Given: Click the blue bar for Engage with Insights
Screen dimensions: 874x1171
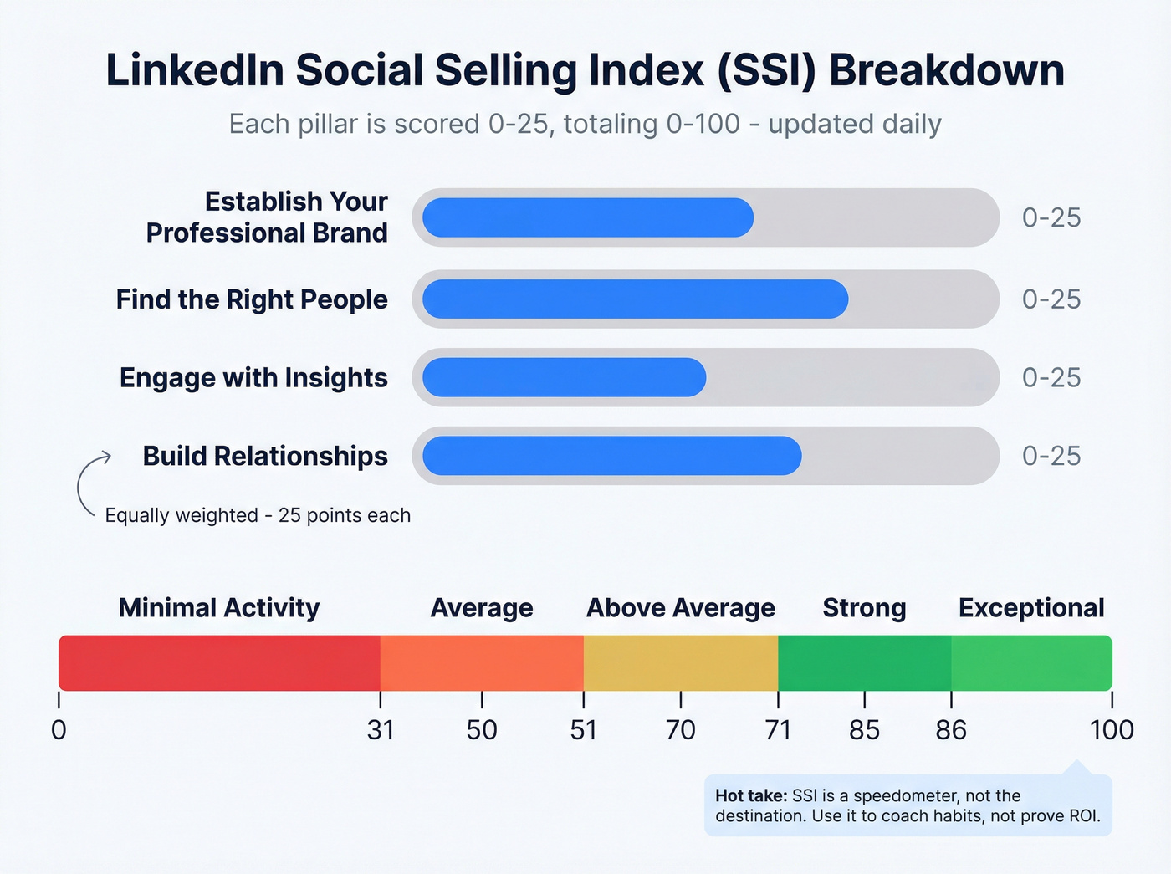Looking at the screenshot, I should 564,377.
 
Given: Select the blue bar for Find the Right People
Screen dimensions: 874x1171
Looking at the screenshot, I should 635,299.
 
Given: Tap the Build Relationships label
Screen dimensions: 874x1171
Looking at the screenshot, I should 265,456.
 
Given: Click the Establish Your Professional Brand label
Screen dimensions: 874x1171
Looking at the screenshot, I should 267,217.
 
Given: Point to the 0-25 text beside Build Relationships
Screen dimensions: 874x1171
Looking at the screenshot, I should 1051,456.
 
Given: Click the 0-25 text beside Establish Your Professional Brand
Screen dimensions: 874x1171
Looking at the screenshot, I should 1051,217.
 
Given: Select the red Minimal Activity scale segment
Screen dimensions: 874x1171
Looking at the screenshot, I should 219,662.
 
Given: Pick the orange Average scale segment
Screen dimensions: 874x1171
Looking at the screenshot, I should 482,662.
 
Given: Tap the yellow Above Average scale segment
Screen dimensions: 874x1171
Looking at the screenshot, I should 680,662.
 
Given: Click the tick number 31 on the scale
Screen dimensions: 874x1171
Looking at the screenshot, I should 381,730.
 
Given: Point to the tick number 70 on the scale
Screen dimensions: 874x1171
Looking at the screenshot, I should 680,730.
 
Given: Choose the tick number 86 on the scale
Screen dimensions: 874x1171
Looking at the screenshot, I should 951,730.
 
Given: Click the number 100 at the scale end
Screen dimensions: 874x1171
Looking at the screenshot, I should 1112,730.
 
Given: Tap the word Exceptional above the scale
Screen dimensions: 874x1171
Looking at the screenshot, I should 1031,608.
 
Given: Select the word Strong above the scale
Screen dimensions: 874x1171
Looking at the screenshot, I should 864,608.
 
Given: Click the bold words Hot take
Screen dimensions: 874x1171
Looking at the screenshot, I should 751,795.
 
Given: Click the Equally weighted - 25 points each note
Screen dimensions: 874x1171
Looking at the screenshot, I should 258,515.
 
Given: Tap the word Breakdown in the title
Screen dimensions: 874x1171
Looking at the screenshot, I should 946,70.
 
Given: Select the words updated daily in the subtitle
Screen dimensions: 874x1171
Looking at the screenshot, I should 855,124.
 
